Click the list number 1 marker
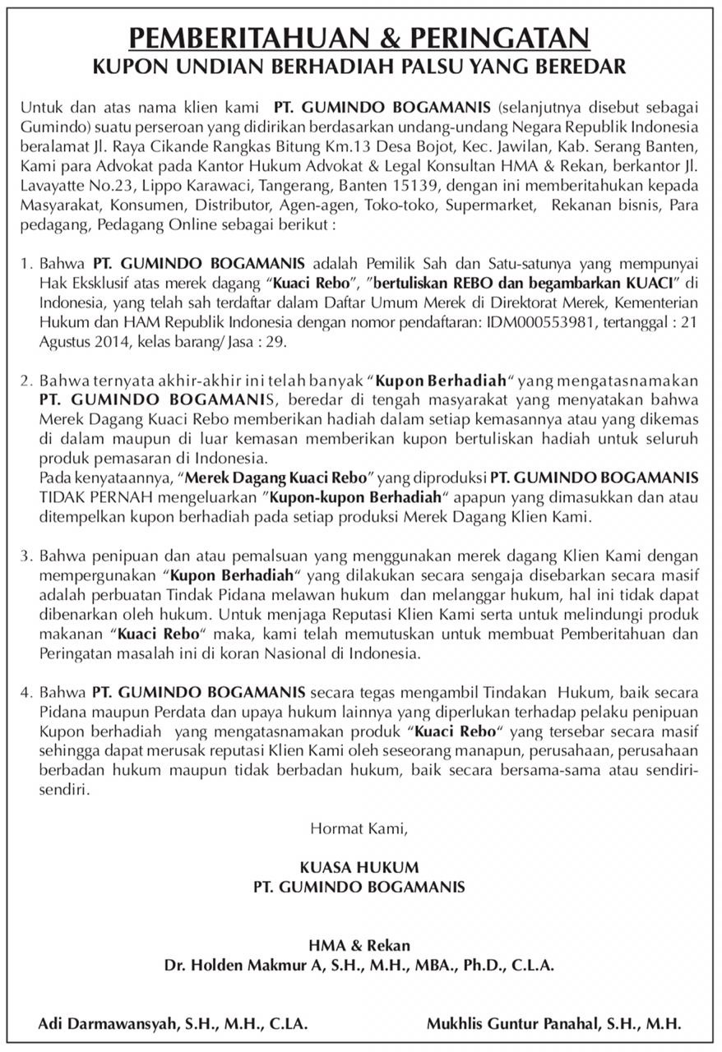click(x=25, y=264)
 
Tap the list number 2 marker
click(x=25, y=381)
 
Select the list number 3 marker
click(x=25, y=556)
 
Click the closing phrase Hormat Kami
click(x=359, y=828)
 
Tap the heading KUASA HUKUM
click(x=359, y=868)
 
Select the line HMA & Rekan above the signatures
click(x=359, y=946)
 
